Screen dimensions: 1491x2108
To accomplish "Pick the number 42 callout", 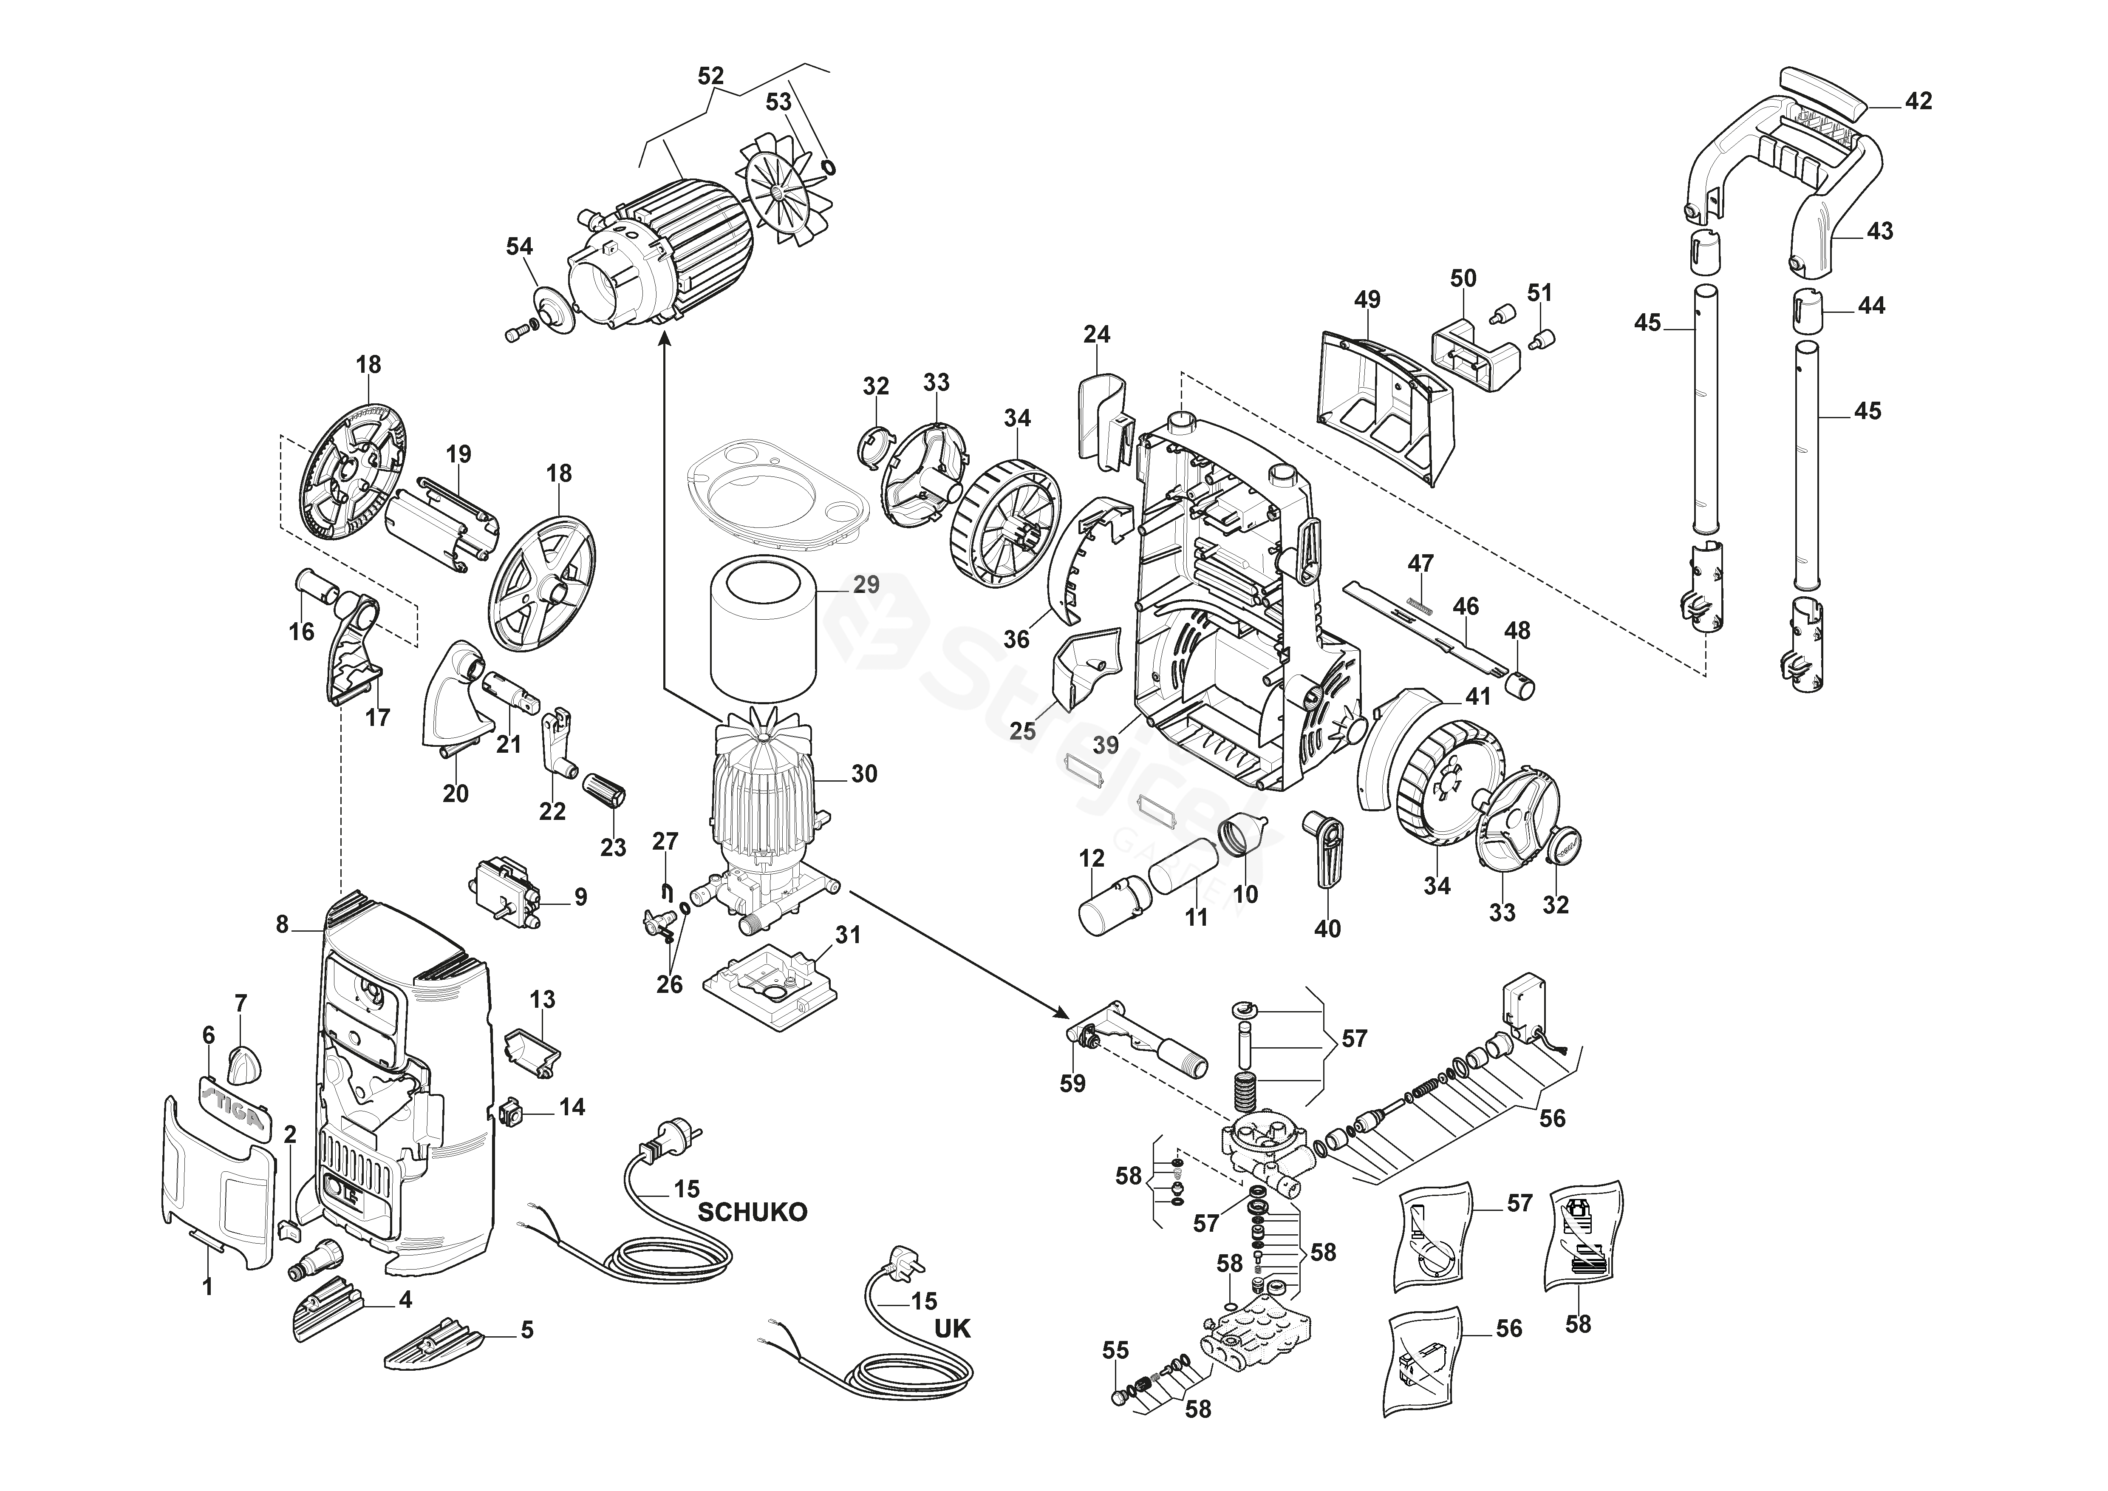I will point(1918,101).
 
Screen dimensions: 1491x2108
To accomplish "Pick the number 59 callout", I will point(1072,1083).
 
